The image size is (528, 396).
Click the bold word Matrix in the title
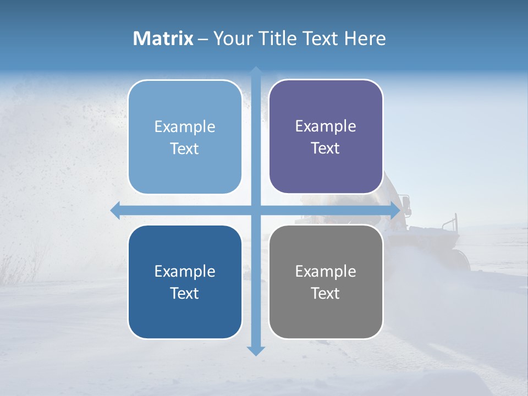163,38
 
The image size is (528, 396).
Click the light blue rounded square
185,137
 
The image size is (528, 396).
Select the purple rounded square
326,136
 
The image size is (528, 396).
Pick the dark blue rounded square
185,282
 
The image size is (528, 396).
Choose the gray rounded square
326,282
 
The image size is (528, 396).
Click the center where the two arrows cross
256,210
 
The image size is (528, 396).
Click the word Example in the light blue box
185,127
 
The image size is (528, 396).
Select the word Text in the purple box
326,148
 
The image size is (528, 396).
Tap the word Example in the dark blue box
185,271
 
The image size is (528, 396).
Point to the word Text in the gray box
326,293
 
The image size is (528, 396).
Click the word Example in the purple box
326,126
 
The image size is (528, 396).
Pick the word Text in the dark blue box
185,293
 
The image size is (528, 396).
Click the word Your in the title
232,38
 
